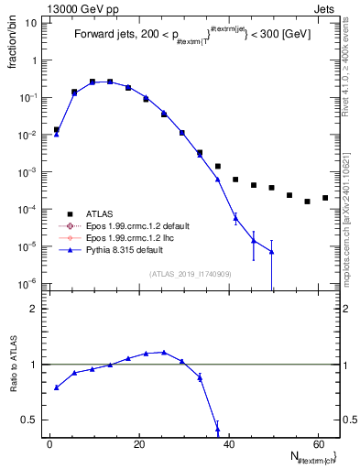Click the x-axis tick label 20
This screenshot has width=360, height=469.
[x=138, y=443]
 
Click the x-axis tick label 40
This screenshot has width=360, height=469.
[x=228, y=443]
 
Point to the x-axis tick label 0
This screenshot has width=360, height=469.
[x=49, y=443]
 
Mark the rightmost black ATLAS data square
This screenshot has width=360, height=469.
[x=325, y=198]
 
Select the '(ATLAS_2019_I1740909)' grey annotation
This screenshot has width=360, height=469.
[x=191, y=275]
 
